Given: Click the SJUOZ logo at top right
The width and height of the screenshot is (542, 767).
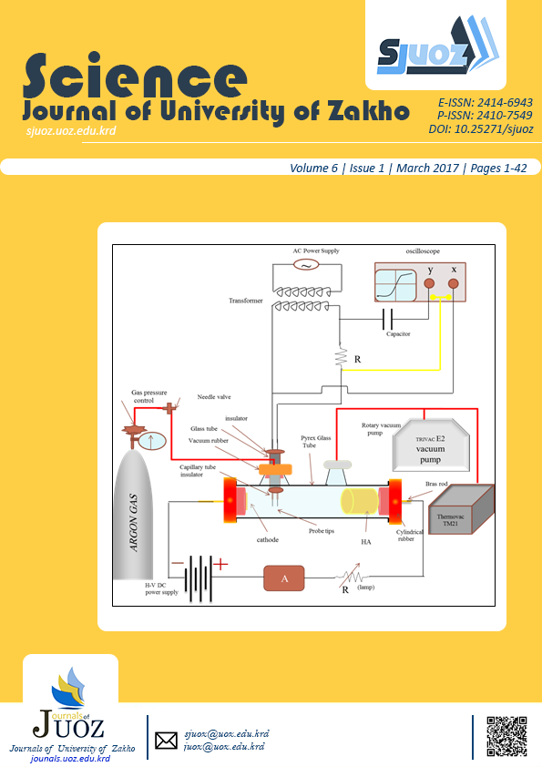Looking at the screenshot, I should [x=435, y=51].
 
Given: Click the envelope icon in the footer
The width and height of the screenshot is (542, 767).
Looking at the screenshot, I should [x=166, y=741].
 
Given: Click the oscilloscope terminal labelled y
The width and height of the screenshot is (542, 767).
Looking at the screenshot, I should [x=429, y=284].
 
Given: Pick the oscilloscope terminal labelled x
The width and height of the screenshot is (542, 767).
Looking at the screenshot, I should [x=453, y=284].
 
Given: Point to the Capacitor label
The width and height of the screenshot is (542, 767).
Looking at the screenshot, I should [x=398, y=334].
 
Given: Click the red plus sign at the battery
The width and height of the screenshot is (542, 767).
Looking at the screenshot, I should [x=220, y=565].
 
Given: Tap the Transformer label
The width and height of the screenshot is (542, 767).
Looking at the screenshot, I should [x=247, y=300].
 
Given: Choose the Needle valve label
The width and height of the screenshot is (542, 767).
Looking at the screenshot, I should [x=214, y=398].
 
